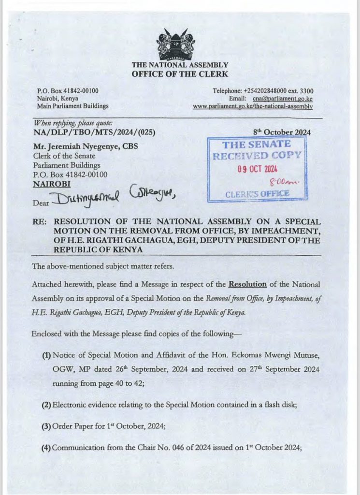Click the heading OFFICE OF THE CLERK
tap(180, 74)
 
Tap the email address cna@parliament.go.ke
tap(282, 99)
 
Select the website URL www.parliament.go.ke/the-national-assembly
tap(252, 106)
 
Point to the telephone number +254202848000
tap(265, 91)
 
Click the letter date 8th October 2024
tap(282, 132)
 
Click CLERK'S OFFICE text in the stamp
tap(257, 194)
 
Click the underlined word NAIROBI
tap(51, 184)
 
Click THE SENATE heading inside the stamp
tap(257, 144)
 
